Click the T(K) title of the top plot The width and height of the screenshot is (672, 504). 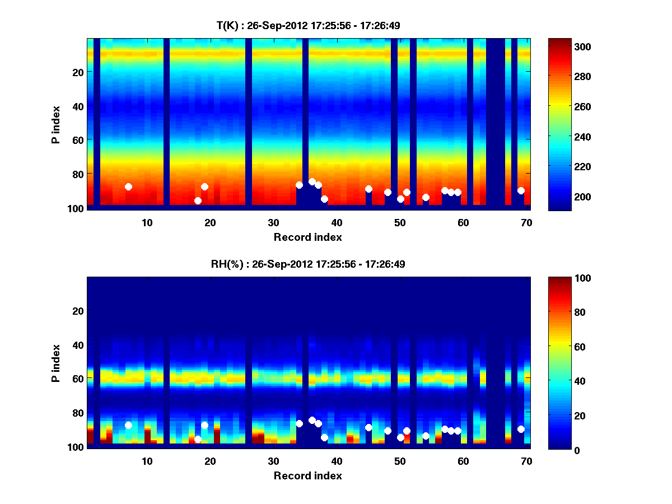[308, 25]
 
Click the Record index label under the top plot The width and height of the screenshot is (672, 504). [308, 237]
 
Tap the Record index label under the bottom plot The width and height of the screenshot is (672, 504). [308, 475]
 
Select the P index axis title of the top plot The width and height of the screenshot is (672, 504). [56, 124]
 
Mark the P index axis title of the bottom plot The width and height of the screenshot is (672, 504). [56, 363]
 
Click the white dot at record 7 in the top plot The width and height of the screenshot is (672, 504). [128, 186]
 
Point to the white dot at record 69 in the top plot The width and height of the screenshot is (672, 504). [521, 190]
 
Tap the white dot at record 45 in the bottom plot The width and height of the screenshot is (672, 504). [368, 427]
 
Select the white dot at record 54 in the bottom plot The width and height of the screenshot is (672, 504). [426, 436]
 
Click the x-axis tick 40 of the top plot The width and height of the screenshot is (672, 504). [337, 222]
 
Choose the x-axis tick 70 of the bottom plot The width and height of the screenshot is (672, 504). [526, 461]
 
